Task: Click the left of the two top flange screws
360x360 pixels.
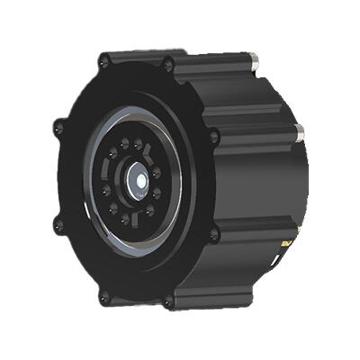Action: (105, 61)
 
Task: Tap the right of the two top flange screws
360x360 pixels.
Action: (167, 63)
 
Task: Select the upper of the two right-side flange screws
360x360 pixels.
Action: (213, 138)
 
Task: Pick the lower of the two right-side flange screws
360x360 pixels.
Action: (214, 235)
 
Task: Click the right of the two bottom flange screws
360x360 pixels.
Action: (168, 302)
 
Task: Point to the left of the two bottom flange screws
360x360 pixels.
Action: (104, 297)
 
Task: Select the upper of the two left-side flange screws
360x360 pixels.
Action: (59, 128)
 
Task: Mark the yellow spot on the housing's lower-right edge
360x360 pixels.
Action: (286, 243)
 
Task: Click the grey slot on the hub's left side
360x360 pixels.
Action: (108, 179)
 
